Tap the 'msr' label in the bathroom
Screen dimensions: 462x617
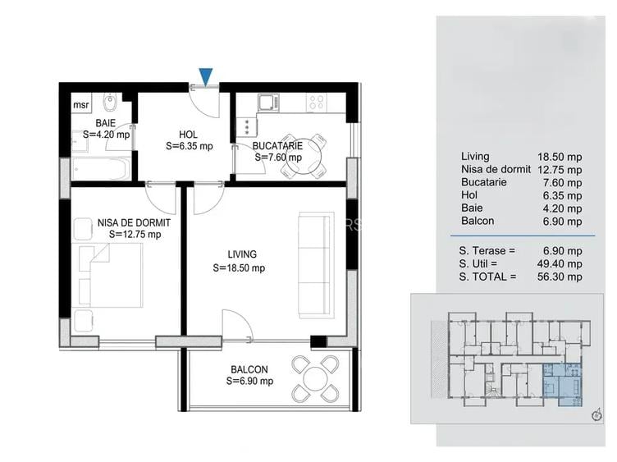pos(81,104)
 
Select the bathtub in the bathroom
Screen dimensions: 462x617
pos(101,167)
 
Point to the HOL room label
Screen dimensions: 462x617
pos(189,135)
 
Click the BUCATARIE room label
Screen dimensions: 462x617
pos(277,146)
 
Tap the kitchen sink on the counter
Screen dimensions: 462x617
pos(268,103)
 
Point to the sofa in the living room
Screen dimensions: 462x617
pos(316,263)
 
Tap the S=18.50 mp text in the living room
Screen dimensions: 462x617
pos(239,268)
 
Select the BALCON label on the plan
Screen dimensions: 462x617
pos(249,369)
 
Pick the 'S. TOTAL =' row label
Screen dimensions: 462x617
pos(488,277)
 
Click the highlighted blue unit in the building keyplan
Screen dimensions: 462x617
pos(562,385)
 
